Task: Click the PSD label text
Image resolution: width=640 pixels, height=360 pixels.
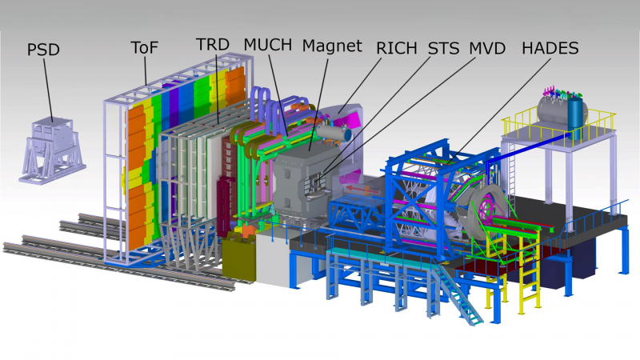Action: [43, 50]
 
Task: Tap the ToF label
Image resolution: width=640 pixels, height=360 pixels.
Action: [144, 48]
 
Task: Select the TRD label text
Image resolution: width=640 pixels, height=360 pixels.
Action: [212, 45]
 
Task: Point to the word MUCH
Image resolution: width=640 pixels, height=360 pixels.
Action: [268, 45]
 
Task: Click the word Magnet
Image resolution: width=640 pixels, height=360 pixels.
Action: [332, 46]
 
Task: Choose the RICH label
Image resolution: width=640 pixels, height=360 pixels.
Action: [396, 48]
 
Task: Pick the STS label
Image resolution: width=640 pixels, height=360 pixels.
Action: [443, 48]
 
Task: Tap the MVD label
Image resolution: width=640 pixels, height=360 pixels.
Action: [487, 48]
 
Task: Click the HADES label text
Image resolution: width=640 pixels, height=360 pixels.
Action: [550, 48]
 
